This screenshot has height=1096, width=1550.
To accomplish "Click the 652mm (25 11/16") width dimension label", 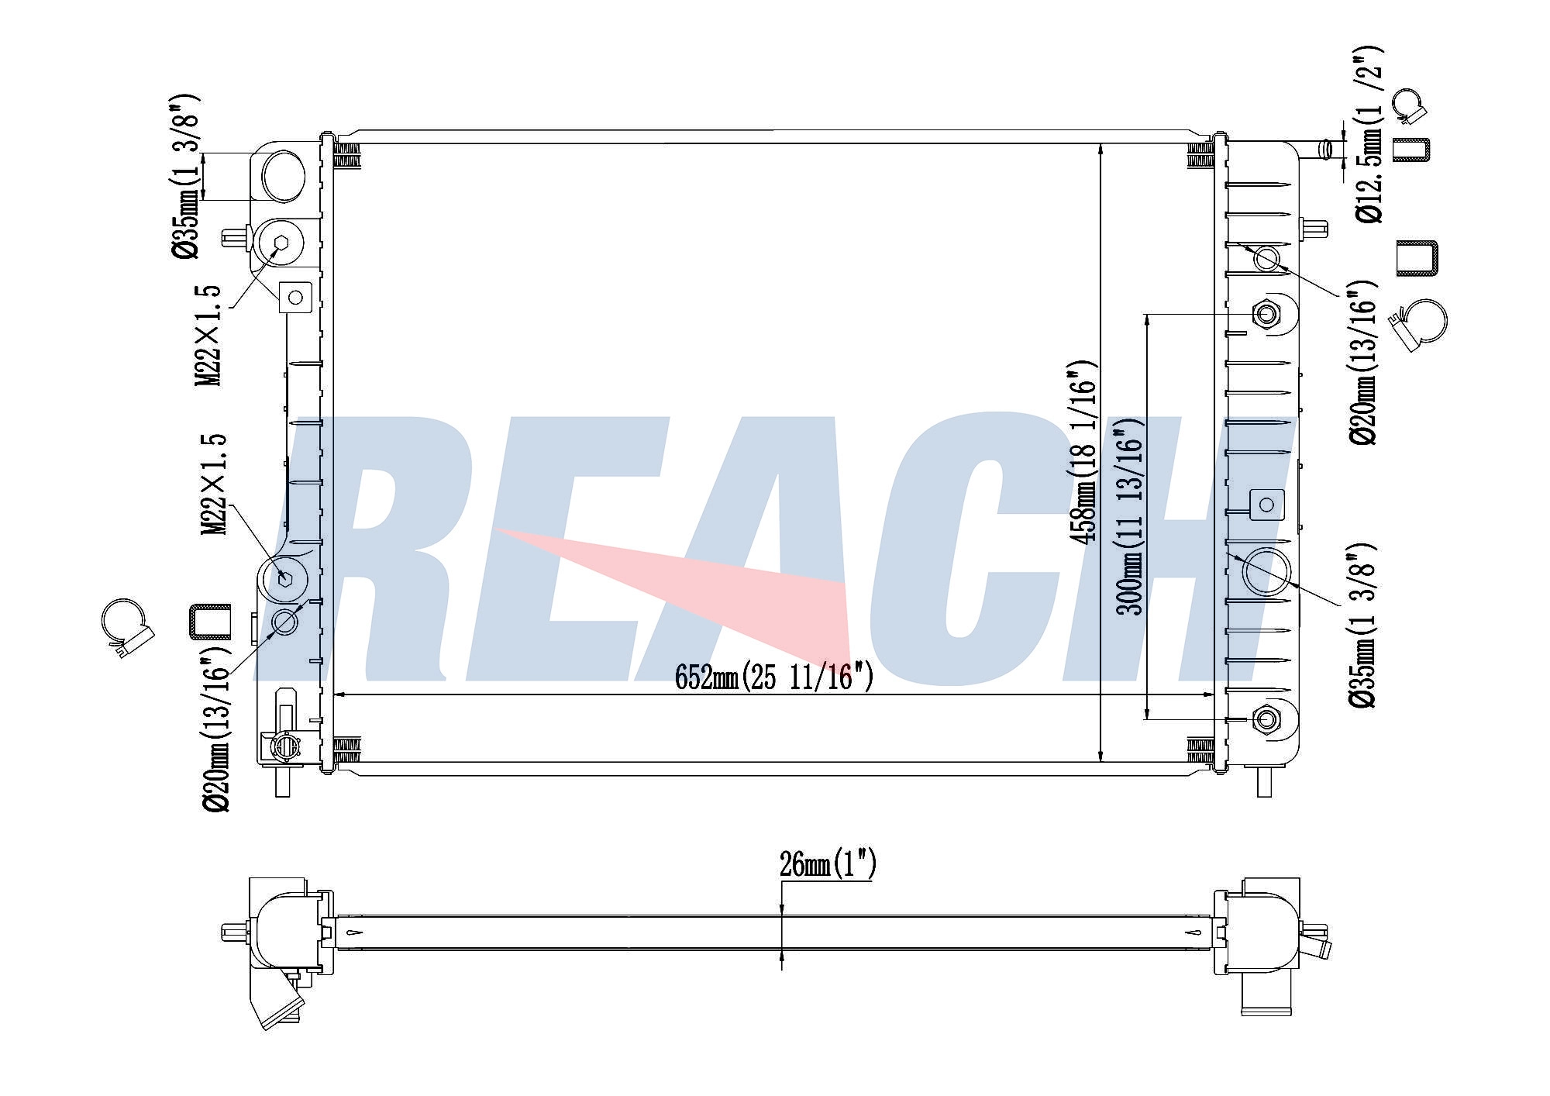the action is [774, 677].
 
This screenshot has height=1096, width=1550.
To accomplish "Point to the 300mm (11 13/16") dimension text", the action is [1129, 516].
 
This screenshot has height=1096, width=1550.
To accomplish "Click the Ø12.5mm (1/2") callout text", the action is [1368, 134].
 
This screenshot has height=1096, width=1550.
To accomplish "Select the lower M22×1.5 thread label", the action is [213, 484].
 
